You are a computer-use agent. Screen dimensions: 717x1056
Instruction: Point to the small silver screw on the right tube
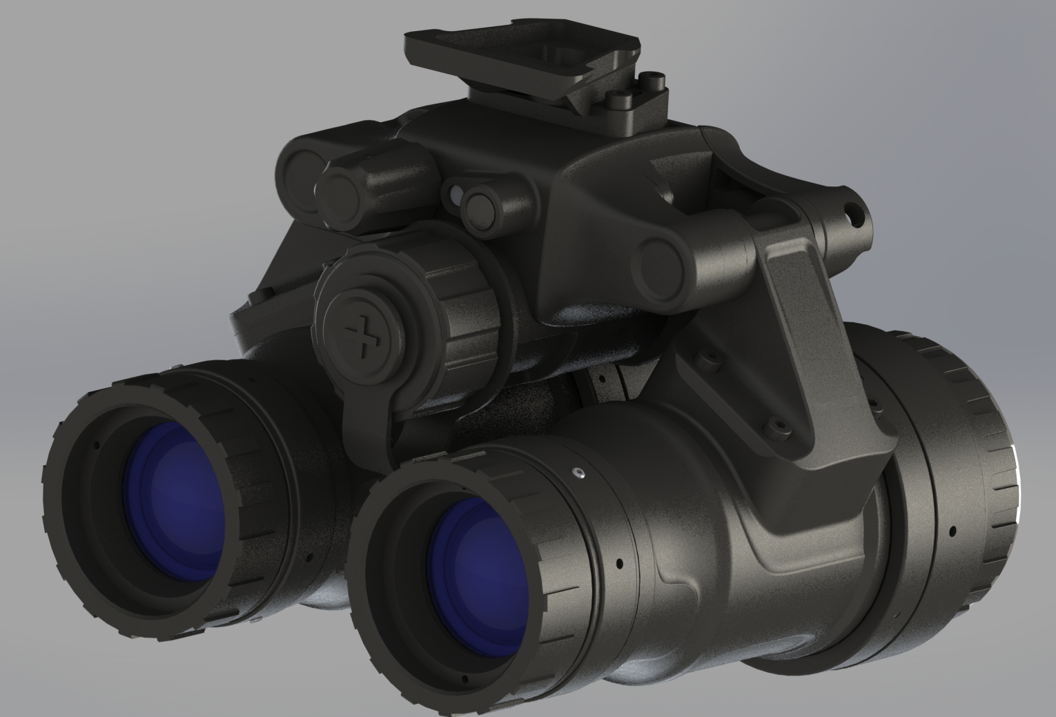click(579, 473)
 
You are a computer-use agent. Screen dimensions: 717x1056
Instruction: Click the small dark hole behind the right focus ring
click(619, 563)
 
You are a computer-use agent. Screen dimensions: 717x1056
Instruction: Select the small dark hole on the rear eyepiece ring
click(952, 531)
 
